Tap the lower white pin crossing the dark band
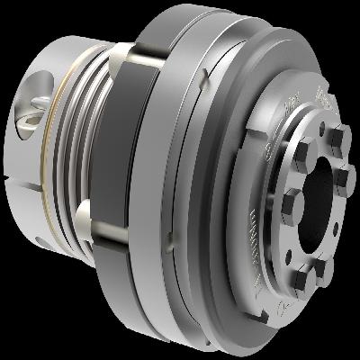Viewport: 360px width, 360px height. click(85, 213)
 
